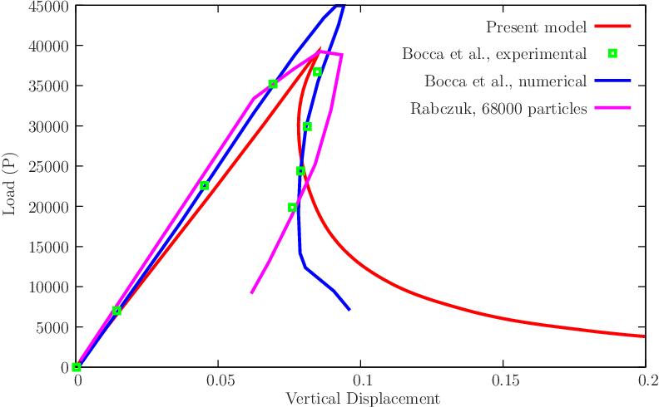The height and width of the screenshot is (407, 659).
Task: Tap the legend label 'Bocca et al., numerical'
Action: click(506, 81)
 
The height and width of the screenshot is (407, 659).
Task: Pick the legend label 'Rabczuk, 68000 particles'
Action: click(498, 109)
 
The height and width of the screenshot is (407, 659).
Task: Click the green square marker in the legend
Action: click(613, 53)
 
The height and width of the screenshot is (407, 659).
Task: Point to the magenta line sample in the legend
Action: click(613, 108)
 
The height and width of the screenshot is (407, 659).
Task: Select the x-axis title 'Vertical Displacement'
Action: click(362, 399)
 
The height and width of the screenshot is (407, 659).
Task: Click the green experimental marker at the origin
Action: click(77, 367)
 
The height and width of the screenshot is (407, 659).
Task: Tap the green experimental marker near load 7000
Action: click(116, 311)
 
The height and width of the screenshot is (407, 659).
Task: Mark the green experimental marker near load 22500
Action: click(204, 186)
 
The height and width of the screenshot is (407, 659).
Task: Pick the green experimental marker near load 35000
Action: click(272, 84)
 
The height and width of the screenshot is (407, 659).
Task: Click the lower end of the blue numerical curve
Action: click(349, 310)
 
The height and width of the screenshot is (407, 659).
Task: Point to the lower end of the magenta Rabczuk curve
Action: click(251, 292)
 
